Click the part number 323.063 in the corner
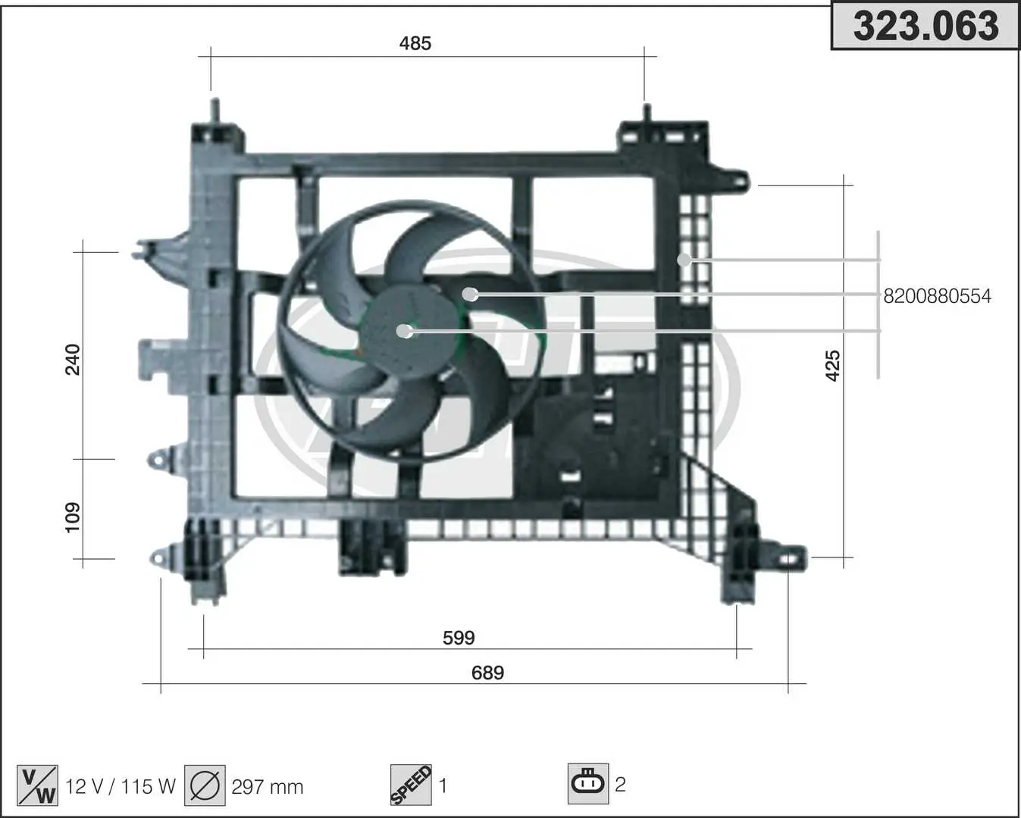pos(925,26)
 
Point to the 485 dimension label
pos(415,44)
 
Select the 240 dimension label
pos(73,360)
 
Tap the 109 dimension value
pos(73,517)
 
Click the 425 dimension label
pos(833,366)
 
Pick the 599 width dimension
pos(459,638)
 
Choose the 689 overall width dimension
pos(487,673)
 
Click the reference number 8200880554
pos(937,296)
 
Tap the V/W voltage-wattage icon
pos(37,785)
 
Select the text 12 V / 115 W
pos(121,787)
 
